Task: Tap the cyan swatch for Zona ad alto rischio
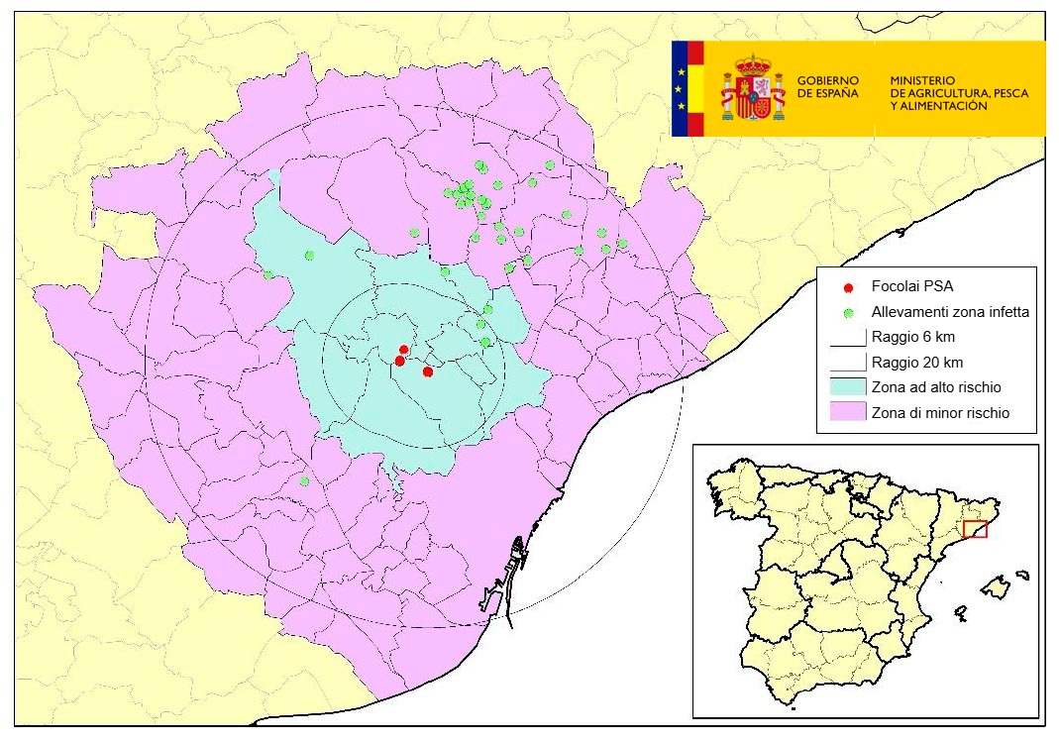click(x=847, y=386)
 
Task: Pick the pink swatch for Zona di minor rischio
click(x=847, y=412)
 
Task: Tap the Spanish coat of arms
click(x=753, y=88)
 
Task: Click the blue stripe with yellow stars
click(x=680, y=88)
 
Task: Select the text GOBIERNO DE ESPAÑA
click(x=828, y=86)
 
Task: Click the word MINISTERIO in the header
click(x=921, y=79)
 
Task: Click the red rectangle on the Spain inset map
click(x=975, y=530)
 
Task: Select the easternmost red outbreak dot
click(x=427, y=371)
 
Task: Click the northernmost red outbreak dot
click(x=403, y=350)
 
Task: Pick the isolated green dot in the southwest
click(x=304, y=481)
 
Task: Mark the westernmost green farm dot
click(x=268, y=274)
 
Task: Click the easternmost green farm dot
click(x=622, y=243)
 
